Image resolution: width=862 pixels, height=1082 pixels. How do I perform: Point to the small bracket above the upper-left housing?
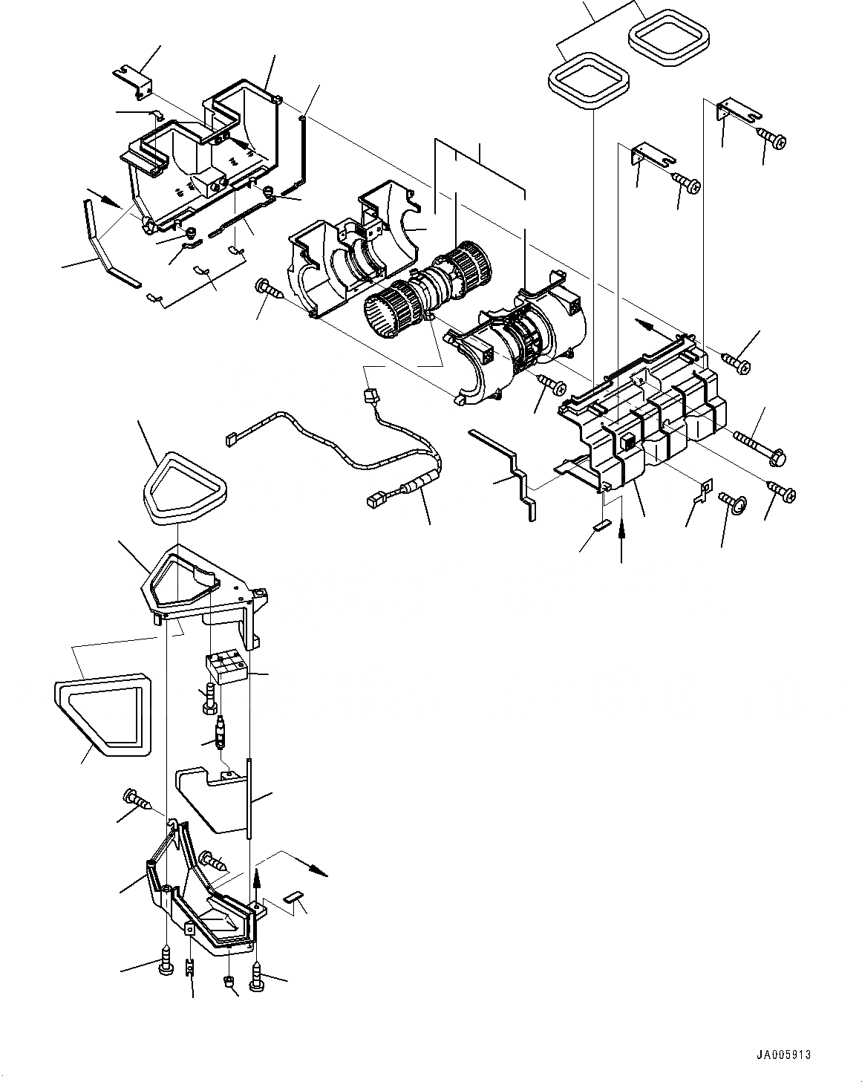tap(134, 79)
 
